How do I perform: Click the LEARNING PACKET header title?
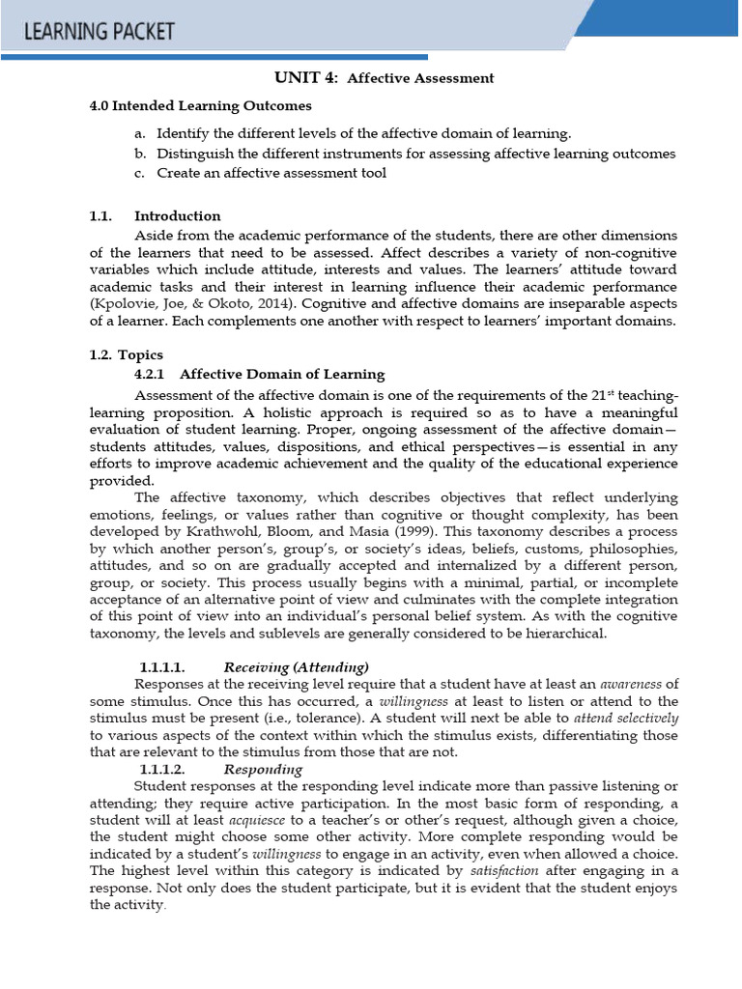click(100, 31)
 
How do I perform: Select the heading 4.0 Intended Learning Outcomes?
click(200, 105)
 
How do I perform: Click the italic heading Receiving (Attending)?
click(296, 666)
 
